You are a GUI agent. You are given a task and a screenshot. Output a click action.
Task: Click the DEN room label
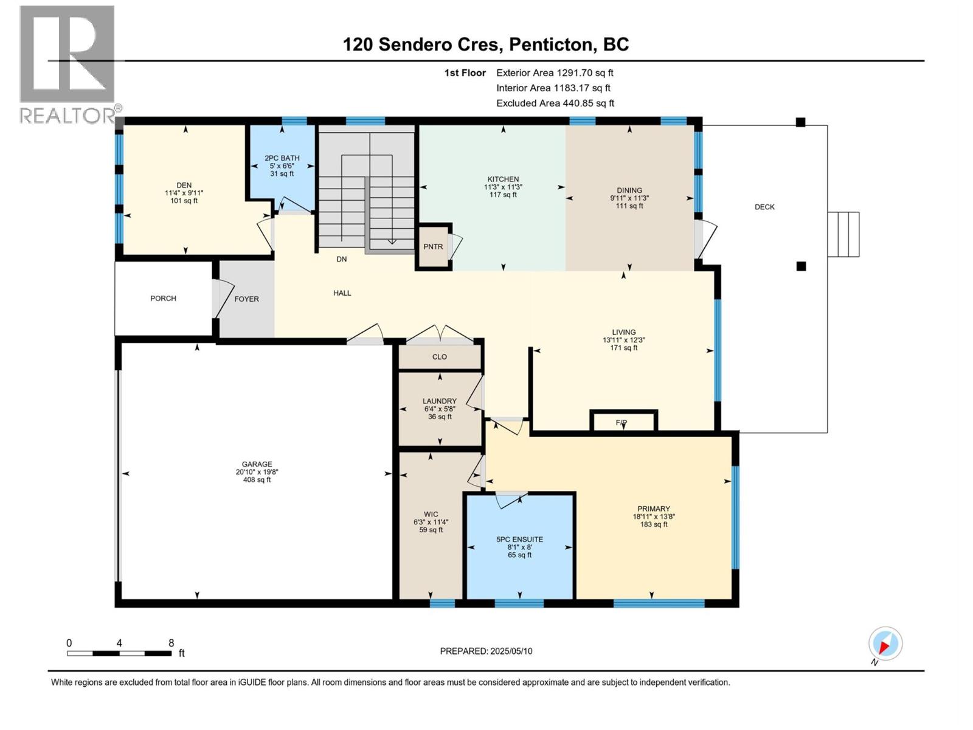pos(184,186)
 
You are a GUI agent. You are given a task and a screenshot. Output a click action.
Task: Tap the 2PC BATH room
pos(282,165)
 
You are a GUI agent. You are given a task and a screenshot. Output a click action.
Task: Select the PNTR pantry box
pos(433,246)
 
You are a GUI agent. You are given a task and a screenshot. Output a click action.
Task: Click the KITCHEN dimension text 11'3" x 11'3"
pos(503,187)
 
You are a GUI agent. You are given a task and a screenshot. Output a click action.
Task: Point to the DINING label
pos(629,190)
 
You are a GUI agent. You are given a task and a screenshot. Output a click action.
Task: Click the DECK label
pos(764,207)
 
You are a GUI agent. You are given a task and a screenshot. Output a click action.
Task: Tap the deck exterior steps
pos(843,234)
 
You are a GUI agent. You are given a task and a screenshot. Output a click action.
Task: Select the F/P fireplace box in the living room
pos(622,422)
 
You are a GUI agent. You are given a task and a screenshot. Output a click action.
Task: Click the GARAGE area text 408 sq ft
pos(257,480)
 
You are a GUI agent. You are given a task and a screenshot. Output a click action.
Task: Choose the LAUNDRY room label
pos(439,401)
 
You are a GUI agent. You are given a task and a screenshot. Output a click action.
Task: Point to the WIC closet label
pos(431,515)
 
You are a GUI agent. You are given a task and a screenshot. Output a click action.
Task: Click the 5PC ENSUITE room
pos(519,546)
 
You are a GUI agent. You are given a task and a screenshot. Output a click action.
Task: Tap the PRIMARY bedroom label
pos(653,509)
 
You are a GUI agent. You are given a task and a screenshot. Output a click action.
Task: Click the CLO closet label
pos(439,357)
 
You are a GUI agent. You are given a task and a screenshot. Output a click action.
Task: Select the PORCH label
pos(163,299)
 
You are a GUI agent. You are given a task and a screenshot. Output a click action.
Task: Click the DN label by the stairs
pos(342,259)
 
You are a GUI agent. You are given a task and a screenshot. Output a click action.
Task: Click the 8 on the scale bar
pos(171,643)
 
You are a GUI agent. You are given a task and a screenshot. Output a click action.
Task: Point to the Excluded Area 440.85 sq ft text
pos(555,103)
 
